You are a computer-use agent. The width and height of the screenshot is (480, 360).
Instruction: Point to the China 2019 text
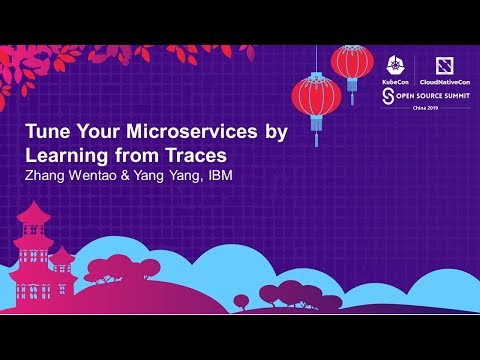coord(412,111)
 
